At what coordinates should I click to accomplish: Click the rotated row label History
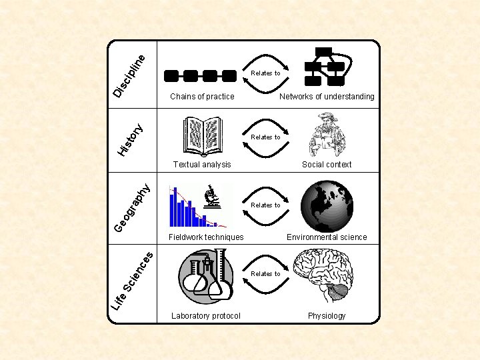tap(129, 139)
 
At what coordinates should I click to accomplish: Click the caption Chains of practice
tap(202, 97)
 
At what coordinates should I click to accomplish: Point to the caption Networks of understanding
tap(327, 97)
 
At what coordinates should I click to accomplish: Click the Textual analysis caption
tap(202, 165)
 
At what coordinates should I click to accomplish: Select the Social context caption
tap(327, 165)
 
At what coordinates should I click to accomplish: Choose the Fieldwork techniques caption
tap(206, 237)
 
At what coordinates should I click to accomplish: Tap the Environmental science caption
tap(327, 237)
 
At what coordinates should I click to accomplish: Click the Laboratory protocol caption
tap(205, 316)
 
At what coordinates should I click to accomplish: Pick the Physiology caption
tap(327, 316)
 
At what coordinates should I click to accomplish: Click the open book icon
tap(202, 135)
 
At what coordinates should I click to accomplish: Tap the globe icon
tap(327, 206)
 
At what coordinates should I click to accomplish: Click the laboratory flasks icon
tap(207, 275)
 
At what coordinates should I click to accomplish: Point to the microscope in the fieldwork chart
tap(213, 198)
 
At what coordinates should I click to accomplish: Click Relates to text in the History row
tap(265, 137)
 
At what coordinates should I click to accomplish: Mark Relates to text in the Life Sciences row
tap(265, 274)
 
